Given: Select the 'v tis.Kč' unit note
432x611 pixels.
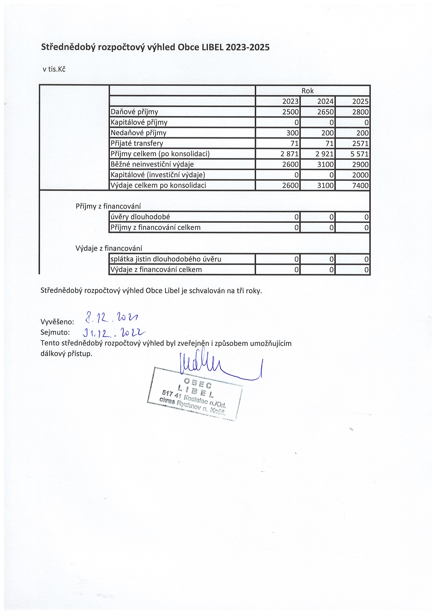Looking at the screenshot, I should pyautogui.click(x=54, y=69).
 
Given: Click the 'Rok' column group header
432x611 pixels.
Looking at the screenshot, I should pyautogui.click(x=307, y=91).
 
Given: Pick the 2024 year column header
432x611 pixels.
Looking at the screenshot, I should pyautogui.click(x=325, y=101).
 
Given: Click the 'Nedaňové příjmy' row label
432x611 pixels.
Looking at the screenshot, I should pyautogui.click(x=138, y=133).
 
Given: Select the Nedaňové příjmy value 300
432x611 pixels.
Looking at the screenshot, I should pyautogui.click(x=292, y=133).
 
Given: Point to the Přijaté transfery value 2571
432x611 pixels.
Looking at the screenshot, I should pyautogui.click(x=360, y=144).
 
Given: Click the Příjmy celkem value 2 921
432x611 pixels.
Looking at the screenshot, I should pyautogui.click(x=324, y=154).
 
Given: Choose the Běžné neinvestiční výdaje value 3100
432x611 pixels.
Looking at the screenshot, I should pyautogui.click(x=325, y=164).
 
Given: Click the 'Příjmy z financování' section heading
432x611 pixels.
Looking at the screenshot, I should pyautogui.click(x=108, y=206).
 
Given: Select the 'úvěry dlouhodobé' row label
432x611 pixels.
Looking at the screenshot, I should pyautogui.click(x=140, y=217).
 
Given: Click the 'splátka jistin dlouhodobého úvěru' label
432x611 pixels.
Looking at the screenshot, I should pyautogui.click(x=165, y=259).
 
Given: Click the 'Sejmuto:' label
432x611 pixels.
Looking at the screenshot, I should pyautogui.click(x=55, y=332).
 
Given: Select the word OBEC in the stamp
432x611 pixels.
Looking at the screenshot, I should pyautogui.click(x=198, y=384).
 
